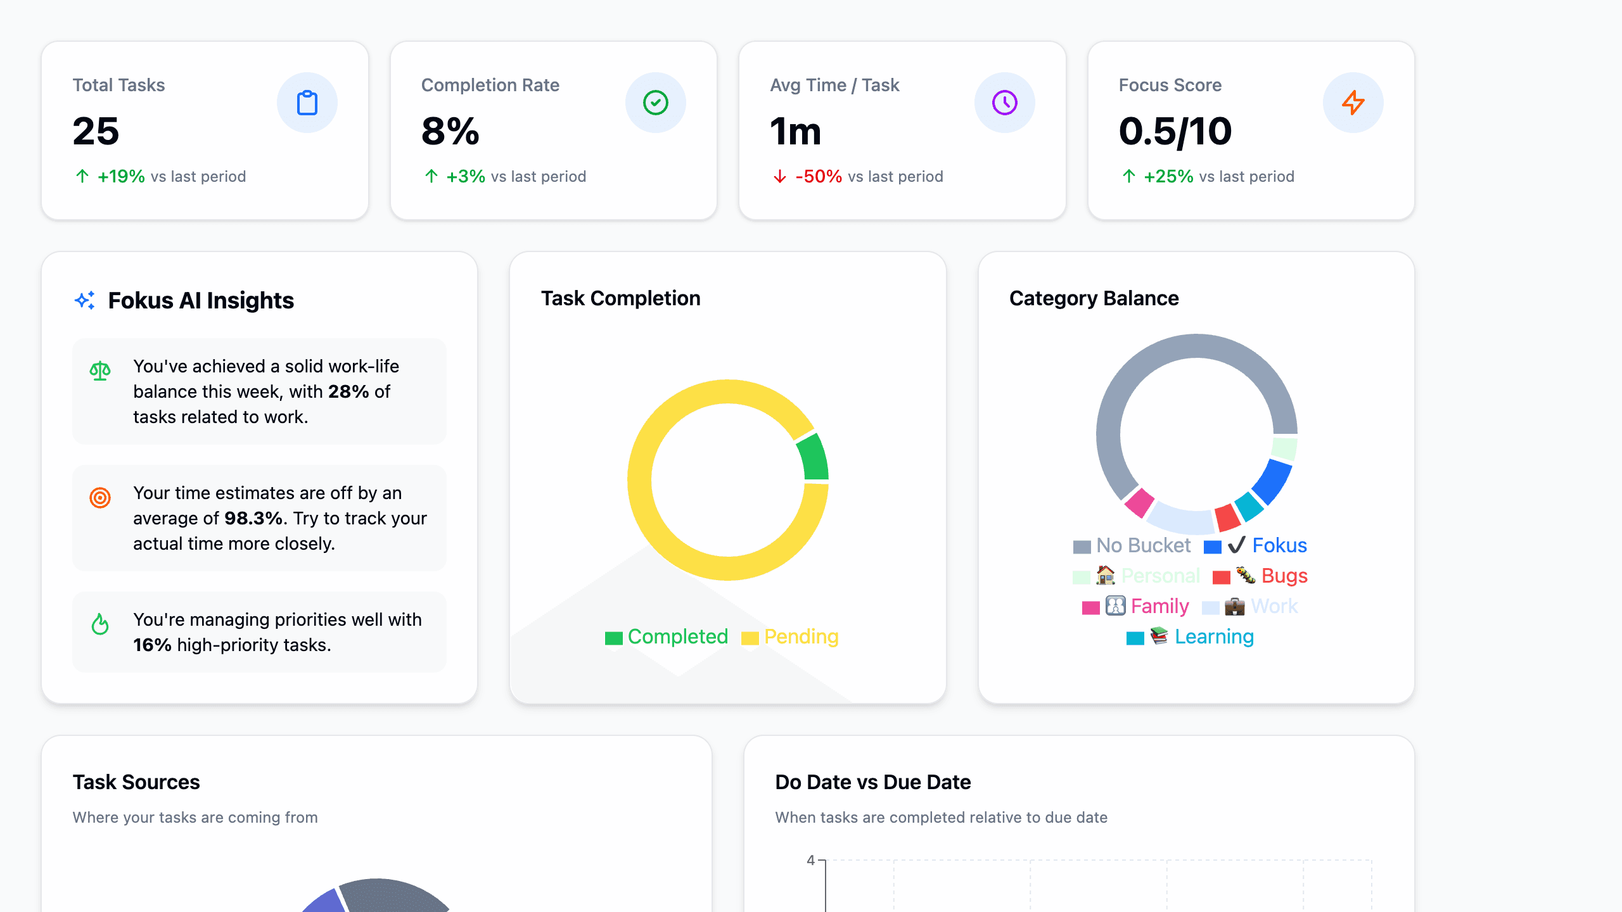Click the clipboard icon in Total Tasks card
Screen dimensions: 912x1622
pos(307,103)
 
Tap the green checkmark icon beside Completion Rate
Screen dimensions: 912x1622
pos(656,103)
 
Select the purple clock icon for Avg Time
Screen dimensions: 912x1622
pos(1004,103)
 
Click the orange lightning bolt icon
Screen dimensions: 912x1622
pos(1353,103)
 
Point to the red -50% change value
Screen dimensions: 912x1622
pos(819,177)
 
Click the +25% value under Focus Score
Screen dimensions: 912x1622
pos(1168,177)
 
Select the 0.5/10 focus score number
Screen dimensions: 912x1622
pos(1175,132)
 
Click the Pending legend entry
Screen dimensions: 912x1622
pos(790,636)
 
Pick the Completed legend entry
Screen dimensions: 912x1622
pos(667,636)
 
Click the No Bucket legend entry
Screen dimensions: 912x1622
pos(1132,545)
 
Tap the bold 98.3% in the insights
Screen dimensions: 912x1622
pos(253,518)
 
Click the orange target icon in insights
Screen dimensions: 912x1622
pos(100,498)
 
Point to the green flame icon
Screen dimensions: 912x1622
pos(100,624)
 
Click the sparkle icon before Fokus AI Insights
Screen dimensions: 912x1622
pos(85,300)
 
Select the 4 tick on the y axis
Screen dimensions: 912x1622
pos(810,860)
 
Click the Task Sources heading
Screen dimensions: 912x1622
pos(136,782)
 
